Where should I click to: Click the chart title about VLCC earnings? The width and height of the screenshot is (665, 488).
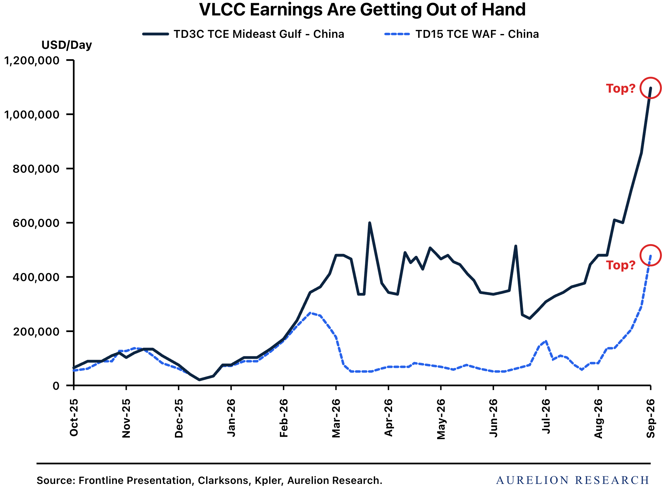point(362,10)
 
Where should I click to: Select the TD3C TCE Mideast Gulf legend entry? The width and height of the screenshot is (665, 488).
point(243,34)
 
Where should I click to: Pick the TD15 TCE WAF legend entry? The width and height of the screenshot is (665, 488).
point(461,34)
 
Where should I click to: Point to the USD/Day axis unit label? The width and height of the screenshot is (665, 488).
point(67,45)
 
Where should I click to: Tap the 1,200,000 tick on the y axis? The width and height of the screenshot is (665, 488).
point(32,60)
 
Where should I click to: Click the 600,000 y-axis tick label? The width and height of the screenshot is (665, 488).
point(36,223)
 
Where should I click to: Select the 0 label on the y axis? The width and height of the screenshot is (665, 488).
point(56,386)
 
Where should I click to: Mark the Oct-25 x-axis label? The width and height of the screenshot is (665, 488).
point(74,418)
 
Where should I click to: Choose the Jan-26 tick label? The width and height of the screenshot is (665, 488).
point(231,418)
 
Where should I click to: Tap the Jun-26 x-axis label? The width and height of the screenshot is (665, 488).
point(494,418)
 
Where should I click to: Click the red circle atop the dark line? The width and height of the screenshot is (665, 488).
point(651,78)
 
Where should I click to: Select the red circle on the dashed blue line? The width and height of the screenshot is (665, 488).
point(651,245)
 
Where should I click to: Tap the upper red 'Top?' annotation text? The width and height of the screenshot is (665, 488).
point(621,89)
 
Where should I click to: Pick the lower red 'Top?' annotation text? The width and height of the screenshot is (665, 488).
point(621,265)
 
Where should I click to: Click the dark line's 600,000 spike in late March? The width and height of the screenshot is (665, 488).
point(369,223)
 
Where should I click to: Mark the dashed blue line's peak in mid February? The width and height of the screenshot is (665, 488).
point(310,313)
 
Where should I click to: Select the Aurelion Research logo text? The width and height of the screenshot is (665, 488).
point(573,480)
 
